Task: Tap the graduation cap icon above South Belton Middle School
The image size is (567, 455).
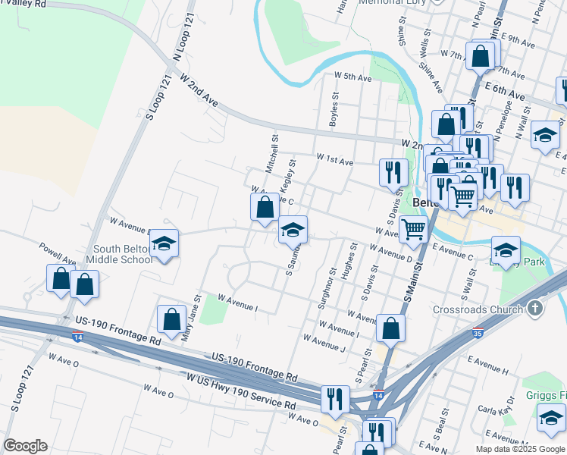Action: click(x=164, y=243)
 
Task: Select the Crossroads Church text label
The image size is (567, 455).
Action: click(x=478, y=309)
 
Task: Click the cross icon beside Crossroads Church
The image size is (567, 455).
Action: click(x=535, y=309)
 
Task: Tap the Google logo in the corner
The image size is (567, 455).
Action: click(x=25, y=446)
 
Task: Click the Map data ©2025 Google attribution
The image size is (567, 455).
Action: click(x=519, y=449)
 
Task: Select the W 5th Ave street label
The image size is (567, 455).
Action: click(x=352, y=77)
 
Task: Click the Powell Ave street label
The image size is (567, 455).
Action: click(x=59, y=254)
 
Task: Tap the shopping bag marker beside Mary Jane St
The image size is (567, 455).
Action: click(x=172, y=318)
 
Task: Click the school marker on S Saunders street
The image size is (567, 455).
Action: click(x=293, y=230)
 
